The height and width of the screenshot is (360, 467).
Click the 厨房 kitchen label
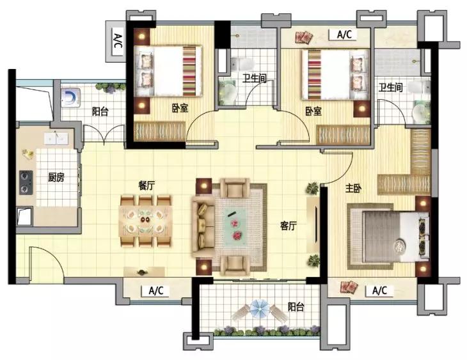point(56,178)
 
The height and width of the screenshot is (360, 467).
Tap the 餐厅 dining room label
point(146,186)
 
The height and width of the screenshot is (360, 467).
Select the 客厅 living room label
point(289,226)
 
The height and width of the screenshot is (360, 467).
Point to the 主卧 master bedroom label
point(354,188)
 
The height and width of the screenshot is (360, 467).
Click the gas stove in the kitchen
point(26,182)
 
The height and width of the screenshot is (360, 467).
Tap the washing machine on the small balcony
point(70,97)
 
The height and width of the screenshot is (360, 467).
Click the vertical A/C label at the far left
point(118,41)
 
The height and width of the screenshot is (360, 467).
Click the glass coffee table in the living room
point(235,226)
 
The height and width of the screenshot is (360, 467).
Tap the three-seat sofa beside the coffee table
point(203,226)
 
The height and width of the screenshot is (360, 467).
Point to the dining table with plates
point(145,221)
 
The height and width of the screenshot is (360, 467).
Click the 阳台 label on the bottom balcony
point(296,307)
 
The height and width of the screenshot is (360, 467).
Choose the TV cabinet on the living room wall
point(313,226)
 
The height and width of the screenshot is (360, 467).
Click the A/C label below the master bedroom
point(380,290)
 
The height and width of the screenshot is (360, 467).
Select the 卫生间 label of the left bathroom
point(254,78)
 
